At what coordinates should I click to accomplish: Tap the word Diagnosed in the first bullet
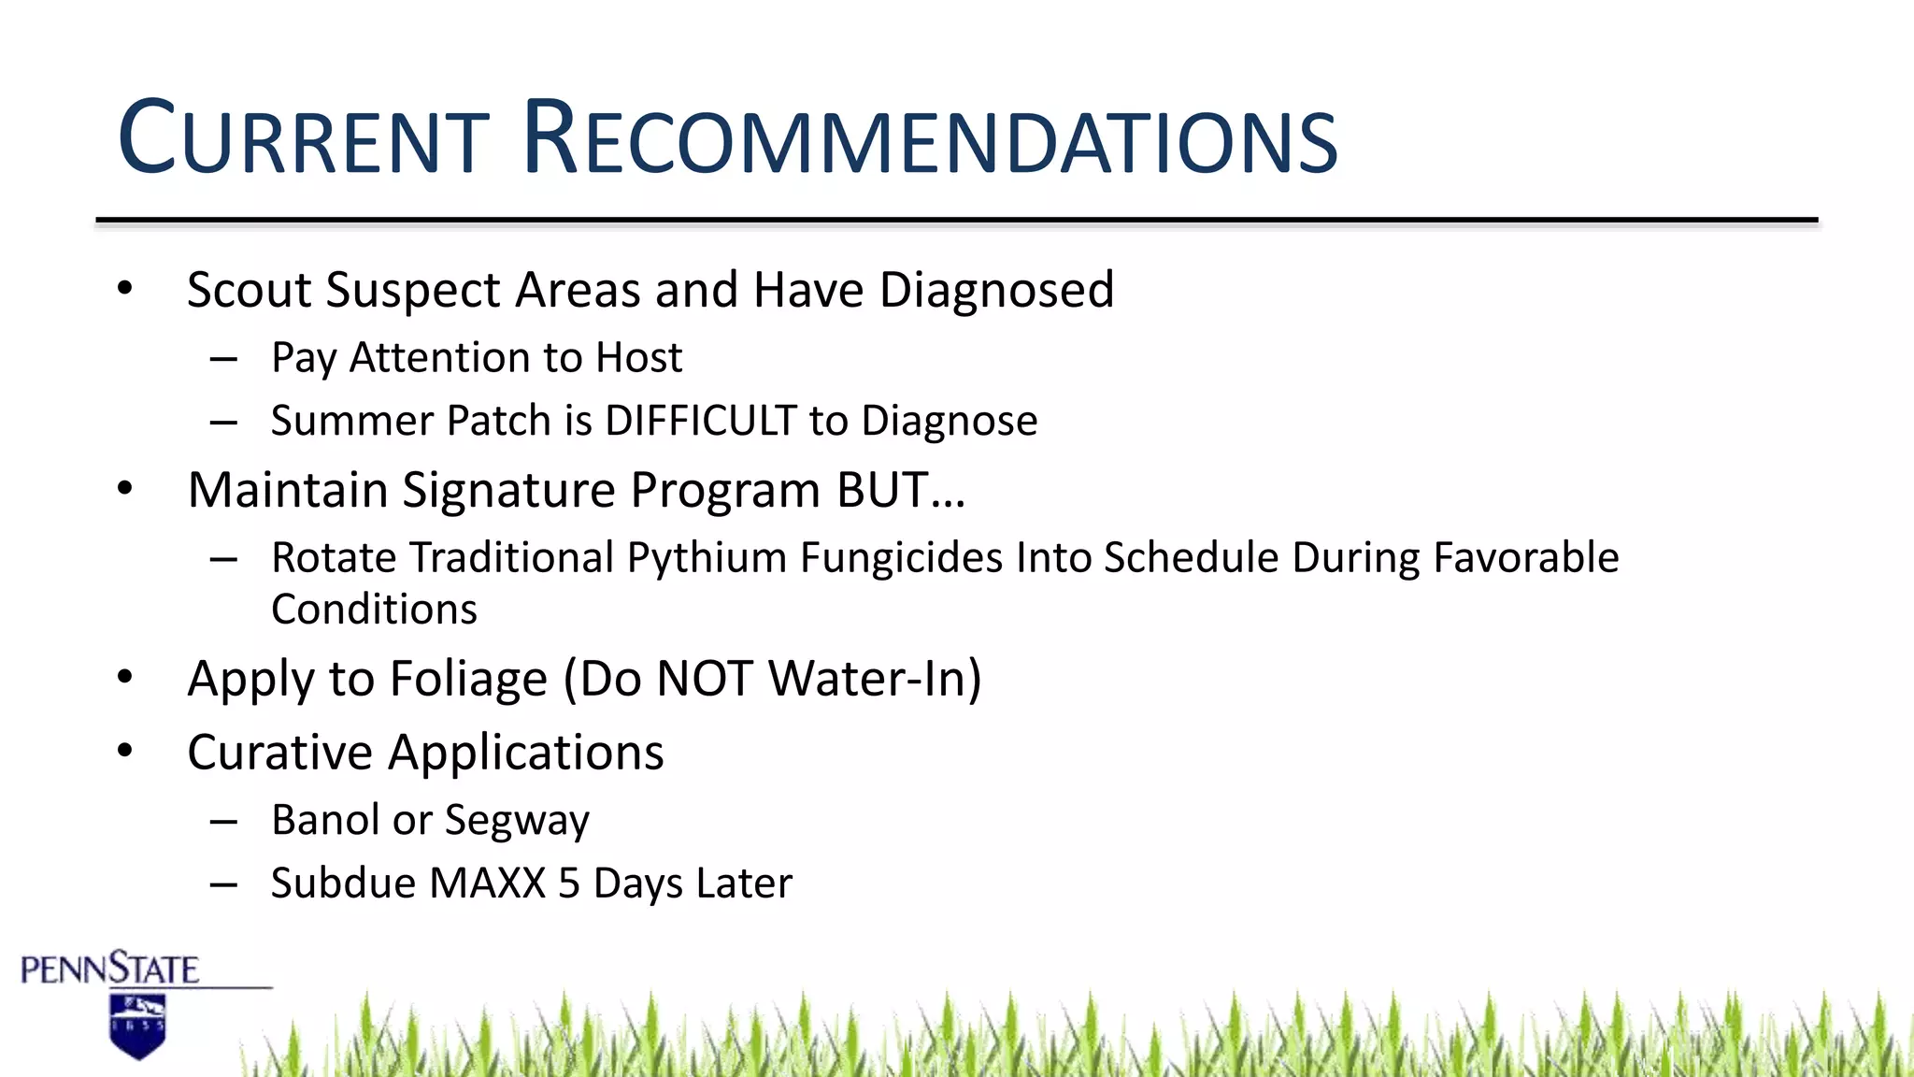[x=996, y=290]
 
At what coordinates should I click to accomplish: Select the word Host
[x=639, y=358]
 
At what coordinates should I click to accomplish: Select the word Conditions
[x=374, y=610]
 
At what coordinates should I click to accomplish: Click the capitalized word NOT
[x=705, y=679]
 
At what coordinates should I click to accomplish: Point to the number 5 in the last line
[x=568, y=883]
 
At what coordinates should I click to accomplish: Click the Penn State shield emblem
[x=137, y=1026]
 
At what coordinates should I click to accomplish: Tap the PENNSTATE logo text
[x=109, y=969]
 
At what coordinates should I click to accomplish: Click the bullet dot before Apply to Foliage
[x=125, y=677]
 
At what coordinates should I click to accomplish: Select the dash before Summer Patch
[x=223, y=423]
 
